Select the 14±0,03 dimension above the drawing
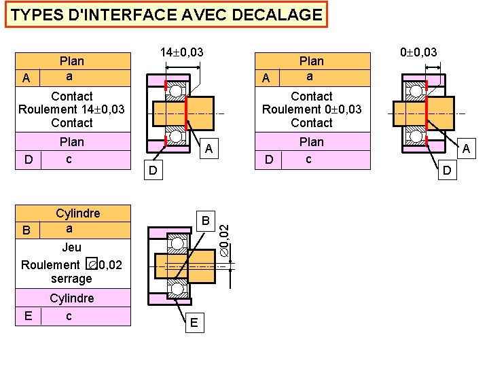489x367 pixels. [x=181, y=52]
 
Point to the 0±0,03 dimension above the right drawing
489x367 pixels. [x=418, y=52]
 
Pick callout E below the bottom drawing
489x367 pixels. [x=194, y=324]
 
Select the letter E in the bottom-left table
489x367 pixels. [x=27, y=316]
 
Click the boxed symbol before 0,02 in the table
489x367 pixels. [x=92, y=264]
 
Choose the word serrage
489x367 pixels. [x=71, y=279]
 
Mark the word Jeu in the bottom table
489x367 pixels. [x=71, y=248]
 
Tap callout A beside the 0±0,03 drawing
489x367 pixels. [x=465, y=147]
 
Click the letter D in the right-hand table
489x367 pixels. [x=269, y=160]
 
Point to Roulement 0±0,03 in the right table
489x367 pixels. [x=312, y=109]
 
